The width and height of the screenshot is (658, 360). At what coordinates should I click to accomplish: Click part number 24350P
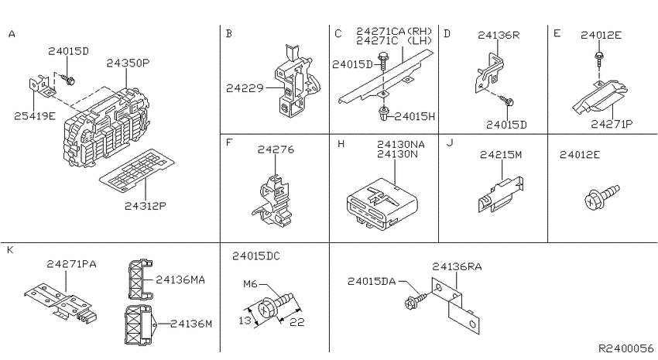click(128, 63)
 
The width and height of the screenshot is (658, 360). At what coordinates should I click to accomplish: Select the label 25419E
click(35, 116)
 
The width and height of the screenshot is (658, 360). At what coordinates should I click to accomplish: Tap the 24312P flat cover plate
click(137, 171)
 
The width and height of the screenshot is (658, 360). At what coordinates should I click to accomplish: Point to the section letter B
click(228, 33)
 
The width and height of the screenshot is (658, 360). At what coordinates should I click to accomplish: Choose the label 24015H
click(415, 116)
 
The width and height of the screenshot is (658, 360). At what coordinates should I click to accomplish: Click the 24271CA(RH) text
click(395, 31)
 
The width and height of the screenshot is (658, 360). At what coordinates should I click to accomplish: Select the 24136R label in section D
click(499, 36)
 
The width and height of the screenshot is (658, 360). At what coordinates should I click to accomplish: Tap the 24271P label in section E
click(612, 124)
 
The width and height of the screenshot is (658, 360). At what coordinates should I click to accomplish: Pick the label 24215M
click(501, 155)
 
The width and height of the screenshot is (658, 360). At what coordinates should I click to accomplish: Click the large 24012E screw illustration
click(601, 197)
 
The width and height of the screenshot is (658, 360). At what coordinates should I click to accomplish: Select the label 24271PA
click(71, 264)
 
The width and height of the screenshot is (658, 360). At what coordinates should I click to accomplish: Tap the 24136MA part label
click(180, 279)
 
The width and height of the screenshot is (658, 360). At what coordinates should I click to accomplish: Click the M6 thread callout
click(250, 284)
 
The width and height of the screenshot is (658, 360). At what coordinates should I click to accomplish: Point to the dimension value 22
click(297, 322)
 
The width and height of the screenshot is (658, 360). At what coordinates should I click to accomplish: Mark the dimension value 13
click(245, 321)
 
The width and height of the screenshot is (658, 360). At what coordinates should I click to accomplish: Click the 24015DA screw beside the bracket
click(416, 301)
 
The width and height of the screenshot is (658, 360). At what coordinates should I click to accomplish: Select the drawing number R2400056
click(625, 348)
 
